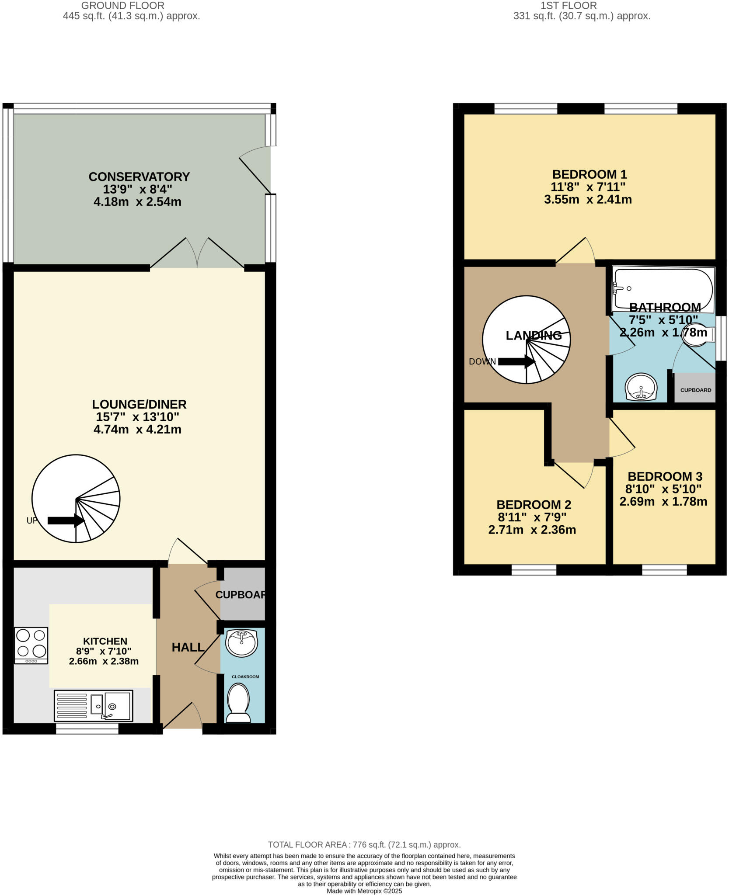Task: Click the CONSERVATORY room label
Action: [139, 177]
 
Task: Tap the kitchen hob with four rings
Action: [31, 645]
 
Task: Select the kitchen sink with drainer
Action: [93, 705]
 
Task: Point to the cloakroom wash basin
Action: [241, 643]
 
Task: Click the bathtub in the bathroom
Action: [663, 288]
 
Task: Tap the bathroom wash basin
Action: [641, 387]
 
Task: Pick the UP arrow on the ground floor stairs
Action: [66, 520]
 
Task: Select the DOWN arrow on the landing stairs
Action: [516, 361]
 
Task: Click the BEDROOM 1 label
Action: [589, 174]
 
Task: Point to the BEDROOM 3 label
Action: [665, 476]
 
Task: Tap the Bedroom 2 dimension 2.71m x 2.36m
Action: [532, 530]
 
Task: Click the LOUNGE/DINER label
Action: [139, 404]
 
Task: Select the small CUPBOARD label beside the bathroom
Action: [695, 390]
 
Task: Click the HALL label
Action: [188, 647]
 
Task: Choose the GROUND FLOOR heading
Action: [123, 6]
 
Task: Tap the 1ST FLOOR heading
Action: [569, 6]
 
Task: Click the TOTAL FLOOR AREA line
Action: [364, 845]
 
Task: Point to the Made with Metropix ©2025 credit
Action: [364, 891]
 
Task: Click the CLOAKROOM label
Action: [245, 676]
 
